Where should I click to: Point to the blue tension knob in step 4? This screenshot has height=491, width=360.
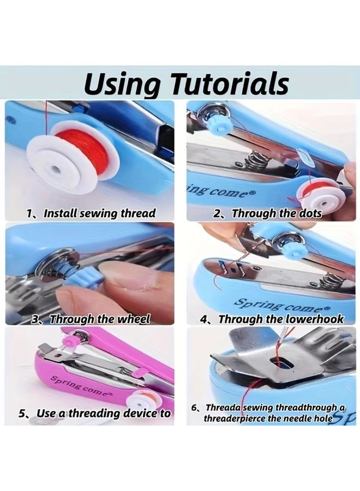click(x=295, y=249)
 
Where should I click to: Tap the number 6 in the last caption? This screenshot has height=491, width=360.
click(x=194, y=408)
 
